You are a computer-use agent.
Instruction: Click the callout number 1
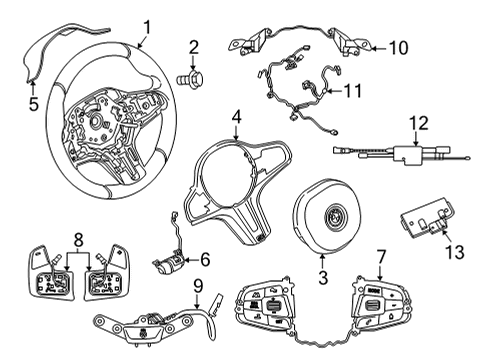pyautogui.click(x=146, y=26)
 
